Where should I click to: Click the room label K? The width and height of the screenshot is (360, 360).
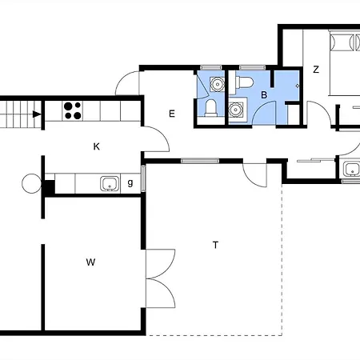(x=97, y=146)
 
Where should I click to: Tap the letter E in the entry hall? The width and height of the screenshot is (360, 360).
(x=172, y=114)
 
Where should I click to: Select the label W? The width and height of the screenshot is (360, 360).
(x=90, y=262)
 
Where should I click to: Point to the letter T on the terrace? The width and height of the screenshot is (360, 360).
(x=215, y=245)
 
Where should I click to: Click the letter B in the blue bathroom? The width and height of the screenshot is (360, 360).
(x=264, y=95)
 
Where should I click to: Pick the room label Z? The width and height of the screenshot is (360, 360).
(x=316, y=70)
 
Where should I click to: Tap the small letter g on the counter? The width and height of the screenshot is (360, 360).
(x=130, y=183)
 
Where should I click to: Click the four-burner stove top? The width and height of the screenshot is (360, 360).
(x=73, y=110)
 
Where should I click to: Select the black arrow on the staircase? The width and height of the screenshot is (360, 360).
(x=37, y=114)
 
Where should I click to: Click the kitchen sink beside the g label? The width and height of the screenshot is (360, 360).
(x=110, y=183)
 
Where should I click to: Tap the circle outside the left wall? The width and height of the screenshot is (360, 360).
(x=31, y=183)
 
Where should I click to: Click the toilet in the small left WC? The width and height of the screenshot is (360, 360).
(x=210, y=108)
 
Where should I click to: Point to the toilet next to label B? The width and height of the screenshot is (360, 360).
(x=244, y=82)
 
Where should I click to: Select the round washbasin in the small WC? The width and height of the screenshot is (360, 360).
(x=218, y=84)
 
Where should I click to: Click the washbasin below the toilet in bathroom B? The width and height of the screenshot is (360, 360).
(x=235, y=110)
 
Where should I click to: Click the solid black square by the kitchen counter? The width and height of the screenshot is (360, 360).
(x=50, y=187)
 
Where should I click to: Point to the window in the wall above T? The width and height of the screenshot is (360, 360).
(x=200, y=161)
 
